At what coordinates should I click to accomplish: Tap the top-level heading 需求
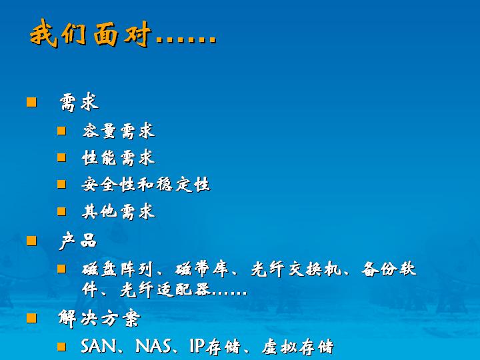pos(79,102)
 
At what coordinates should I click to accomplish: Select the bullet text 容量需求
pos(119,131)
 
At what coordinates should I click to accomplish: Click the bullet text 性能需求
pos(119,157)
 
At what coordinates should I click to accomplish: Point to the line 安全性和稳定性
pos(146,184)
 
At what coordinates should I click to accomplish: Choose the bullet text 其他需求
pos(119,211)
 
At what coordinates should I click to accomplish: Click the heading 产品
pos(78,241)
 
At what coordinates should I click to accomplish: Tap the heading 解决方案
pos(99,319)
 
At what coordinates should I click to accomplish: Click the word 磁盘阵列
pos(117,269)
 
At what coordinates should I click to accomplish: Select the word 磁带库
pos(202,269)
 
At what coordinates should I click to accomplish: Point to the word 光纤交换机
pos(296,269)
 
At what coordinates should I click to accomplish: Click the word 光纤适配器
pos(165,289)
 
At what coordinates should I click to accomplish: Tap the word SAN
pos(99,346)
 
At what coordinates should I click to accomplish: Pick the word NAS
pos(153,346)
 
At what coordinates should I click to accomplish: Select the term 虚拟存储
pos(297,347)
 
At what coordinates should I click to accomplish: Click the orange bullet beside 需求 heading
pos(31,102)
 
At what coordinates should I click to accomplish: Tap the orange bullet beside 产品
pos(31,241)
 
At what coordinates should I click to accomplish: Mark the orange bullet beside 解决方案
pos(31,318)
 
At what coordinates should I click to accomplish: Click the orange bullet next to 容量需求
pos(61,131)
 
